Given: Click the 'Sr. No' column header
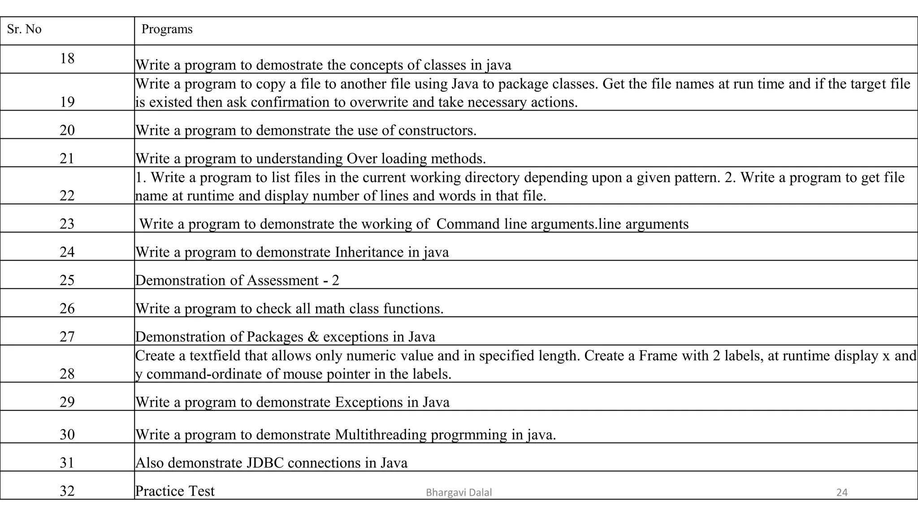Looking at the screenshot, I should [x=24, y=29].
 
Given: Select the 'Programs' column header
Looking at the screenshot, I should [x=167, y=29].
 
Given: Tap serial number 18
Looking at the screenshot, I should [x=67, y=58].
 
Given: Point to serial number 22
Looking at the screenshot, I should [x=67, y=196].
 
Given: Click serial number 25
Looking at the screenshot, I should [x=67, y=280].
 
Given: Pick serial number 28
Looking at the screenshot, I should [x=67, y=374].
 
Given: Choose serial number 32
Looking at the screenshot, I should [x=67, y=491].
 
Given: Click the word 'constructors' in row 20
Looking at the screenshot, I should [x=436, y=130].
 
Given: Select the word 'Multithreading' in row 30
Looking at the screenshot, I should [x=381, y=434].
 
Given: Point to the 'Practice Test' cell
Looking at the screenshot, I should [x=175, y=491].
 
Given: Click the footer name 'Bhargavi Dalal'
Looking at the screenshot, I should [x=459, y=493].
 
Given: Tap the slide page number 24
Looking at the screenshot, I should [x=842, y=493].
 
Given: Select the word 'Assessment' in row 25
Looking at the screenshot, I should [x=282, y=280].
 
